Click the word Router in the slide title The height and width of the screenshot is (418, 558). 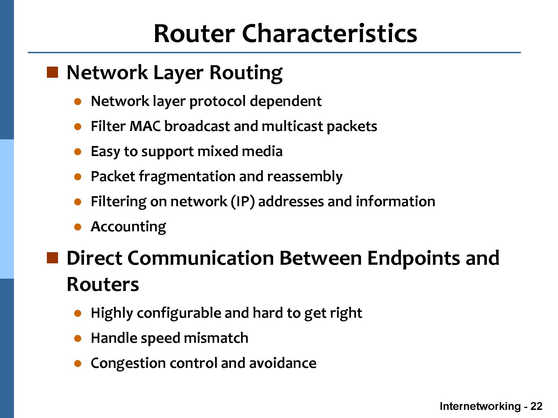pyautogui.click(x=194, y=33)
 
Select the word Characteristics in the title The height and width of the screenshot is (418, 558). pyautogui.click(x=329, y=33)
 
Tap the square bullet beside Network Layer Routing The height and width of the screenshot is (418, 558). pyautogui.click(x=52, y=72)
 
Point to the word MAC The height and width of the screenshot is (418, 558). pyautogui.click(x=145, y=126)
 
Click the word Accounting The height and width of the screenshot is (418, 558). pyautogui.click(x=128, y=227)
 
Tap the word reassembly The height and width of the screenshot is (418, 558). pyautogui.click(x=305, y=177)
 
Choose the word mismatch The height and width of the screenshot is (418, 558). pyautogui.click(x=216, y=338)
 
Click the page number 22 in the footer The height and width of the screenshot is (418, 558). pyautogui.click(x=536, y=406)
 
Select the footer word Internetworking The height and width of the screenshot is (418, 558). pyautogui.click(x=480, y=406)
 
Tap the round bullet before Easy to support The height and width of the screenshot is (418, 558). pyautogui.click(x=78, y=152)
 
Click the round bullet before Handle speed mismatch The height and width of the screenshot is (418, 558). pyautogui.click(x=78, y=339)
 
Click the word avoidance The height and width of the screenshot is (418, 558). pyautogui.click(x=283, y=363)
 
